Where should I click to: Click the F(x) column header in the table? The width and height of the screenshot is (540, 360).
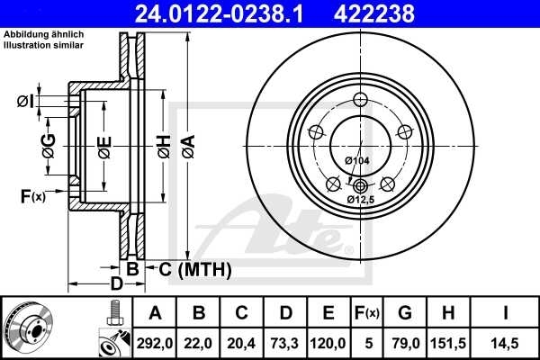point(368,314)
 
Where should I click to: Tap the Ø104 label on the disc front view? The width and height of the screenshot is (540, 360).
point(358,160)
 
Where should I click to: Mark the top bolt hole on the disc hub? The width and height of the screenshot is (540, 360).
point(360,100)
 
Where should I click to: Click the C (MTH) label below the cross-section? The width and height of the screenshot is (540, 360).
point(194,269)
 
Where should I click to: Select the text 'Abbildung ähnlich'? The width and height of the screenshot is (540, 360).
point(44,33)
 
